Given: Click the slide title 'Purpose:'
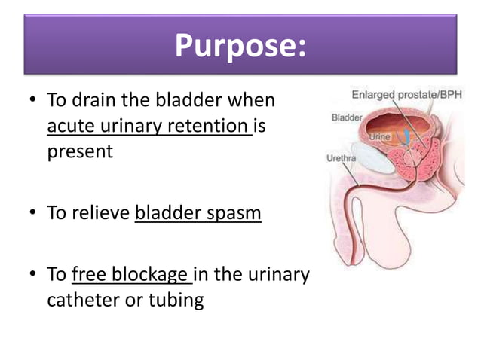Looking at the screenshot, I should pos(240,46).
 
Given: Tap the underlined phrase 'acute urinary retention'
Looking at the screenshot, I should pos(149,126).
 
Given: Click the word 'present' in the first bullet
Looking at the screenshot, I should pos(80,151).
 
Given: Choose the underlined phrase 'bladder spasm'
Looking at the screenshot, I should pos(198,213).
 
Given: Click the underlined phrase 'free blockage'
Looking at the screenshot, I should pos(131,275).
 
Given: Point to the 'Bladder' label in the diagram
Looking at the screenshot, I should pos(347,117).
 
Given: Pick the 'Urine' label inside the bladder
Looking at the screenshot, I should pos(379,137).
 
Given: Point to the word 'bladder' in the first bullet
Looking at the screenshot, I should pos(188,100).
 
